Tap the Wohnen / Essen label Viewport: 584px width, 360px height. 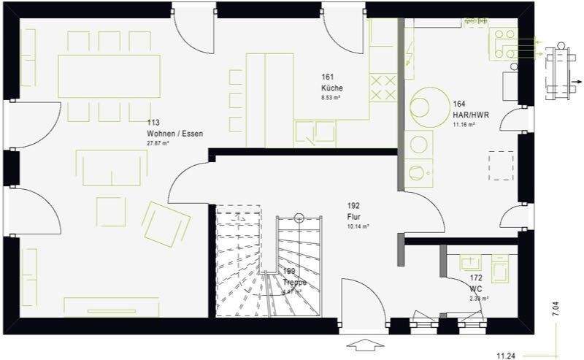pyautogui.click(x=174, y=134)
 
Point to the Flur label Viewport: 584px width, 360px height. pyautogui.click(x=353, y=216)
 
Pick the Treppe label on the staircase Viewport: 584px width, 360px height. pyautogui.click(x=294, y=282)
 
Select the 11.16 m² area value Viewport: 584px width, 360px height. pyautogui.click(x=464, y=125)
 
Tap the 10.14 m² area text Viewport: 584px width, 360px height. pyautogui.click(x=358, y=226)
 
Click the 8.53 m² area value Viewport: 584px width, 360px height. pyautogui.click(x=331, y=96)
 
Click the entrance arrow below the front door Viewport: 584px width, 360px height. pyautogui.click(x=364, y=344)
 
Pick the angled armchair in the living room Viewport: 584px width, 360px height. pyautogui.click(x=166, y=221)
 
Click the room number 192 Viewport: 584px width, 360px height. pyautogui.click(x=353, y=206)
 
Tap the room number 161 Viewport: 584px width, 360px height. pyautogui.click(x=327, y=76)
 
